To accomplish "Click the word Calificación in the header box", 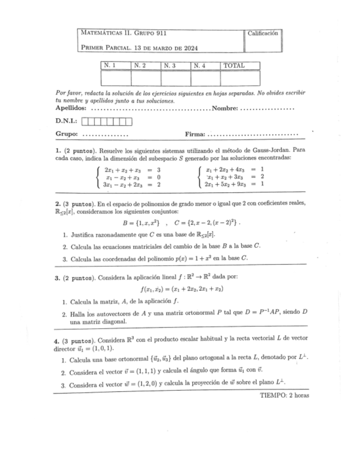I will pos(263,34).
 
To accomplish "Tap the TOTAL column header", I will pos(234,66).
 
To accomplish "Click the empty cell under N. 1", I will pos(115,79).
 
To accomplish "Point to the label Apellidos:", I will pos(71,109).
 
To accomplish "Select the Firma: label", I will pos(196,134).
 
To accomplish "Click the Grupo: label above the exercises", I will pos(67,134).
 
